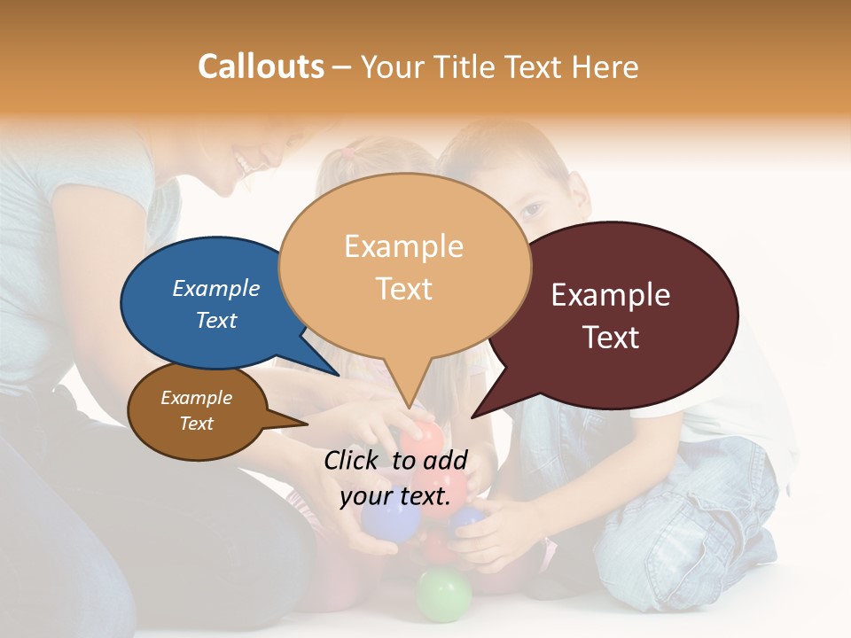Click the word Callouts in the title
(261, 66)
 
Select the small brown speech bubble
(197, 411)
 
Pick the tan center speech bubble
(404, 266)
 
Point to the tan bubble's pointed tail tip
(409, 408)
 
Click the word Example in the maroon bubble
(611, 295)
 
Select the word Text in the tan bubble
(404, 289)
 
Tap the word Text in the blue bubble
(216, 320)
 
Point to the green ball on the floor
(443, 594)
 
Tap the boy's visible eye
(529, 210)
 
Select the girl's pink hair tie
(349, 152)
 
